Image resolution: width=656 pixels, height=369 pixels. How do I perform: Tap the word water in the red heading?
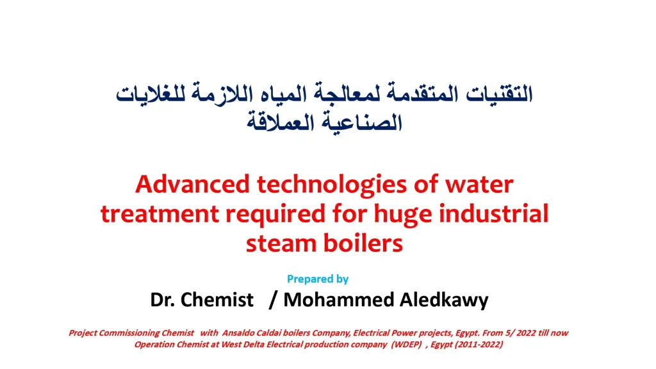pyautogui.click(x=479, y=184)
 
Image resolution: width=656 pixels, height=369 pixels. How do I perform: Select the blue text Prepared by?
pyautogui.click(x=318, y=279)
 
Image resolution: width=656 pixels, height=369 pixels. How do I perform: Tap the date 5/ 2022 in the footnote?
pyautogui.click(x=504, y=333)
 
